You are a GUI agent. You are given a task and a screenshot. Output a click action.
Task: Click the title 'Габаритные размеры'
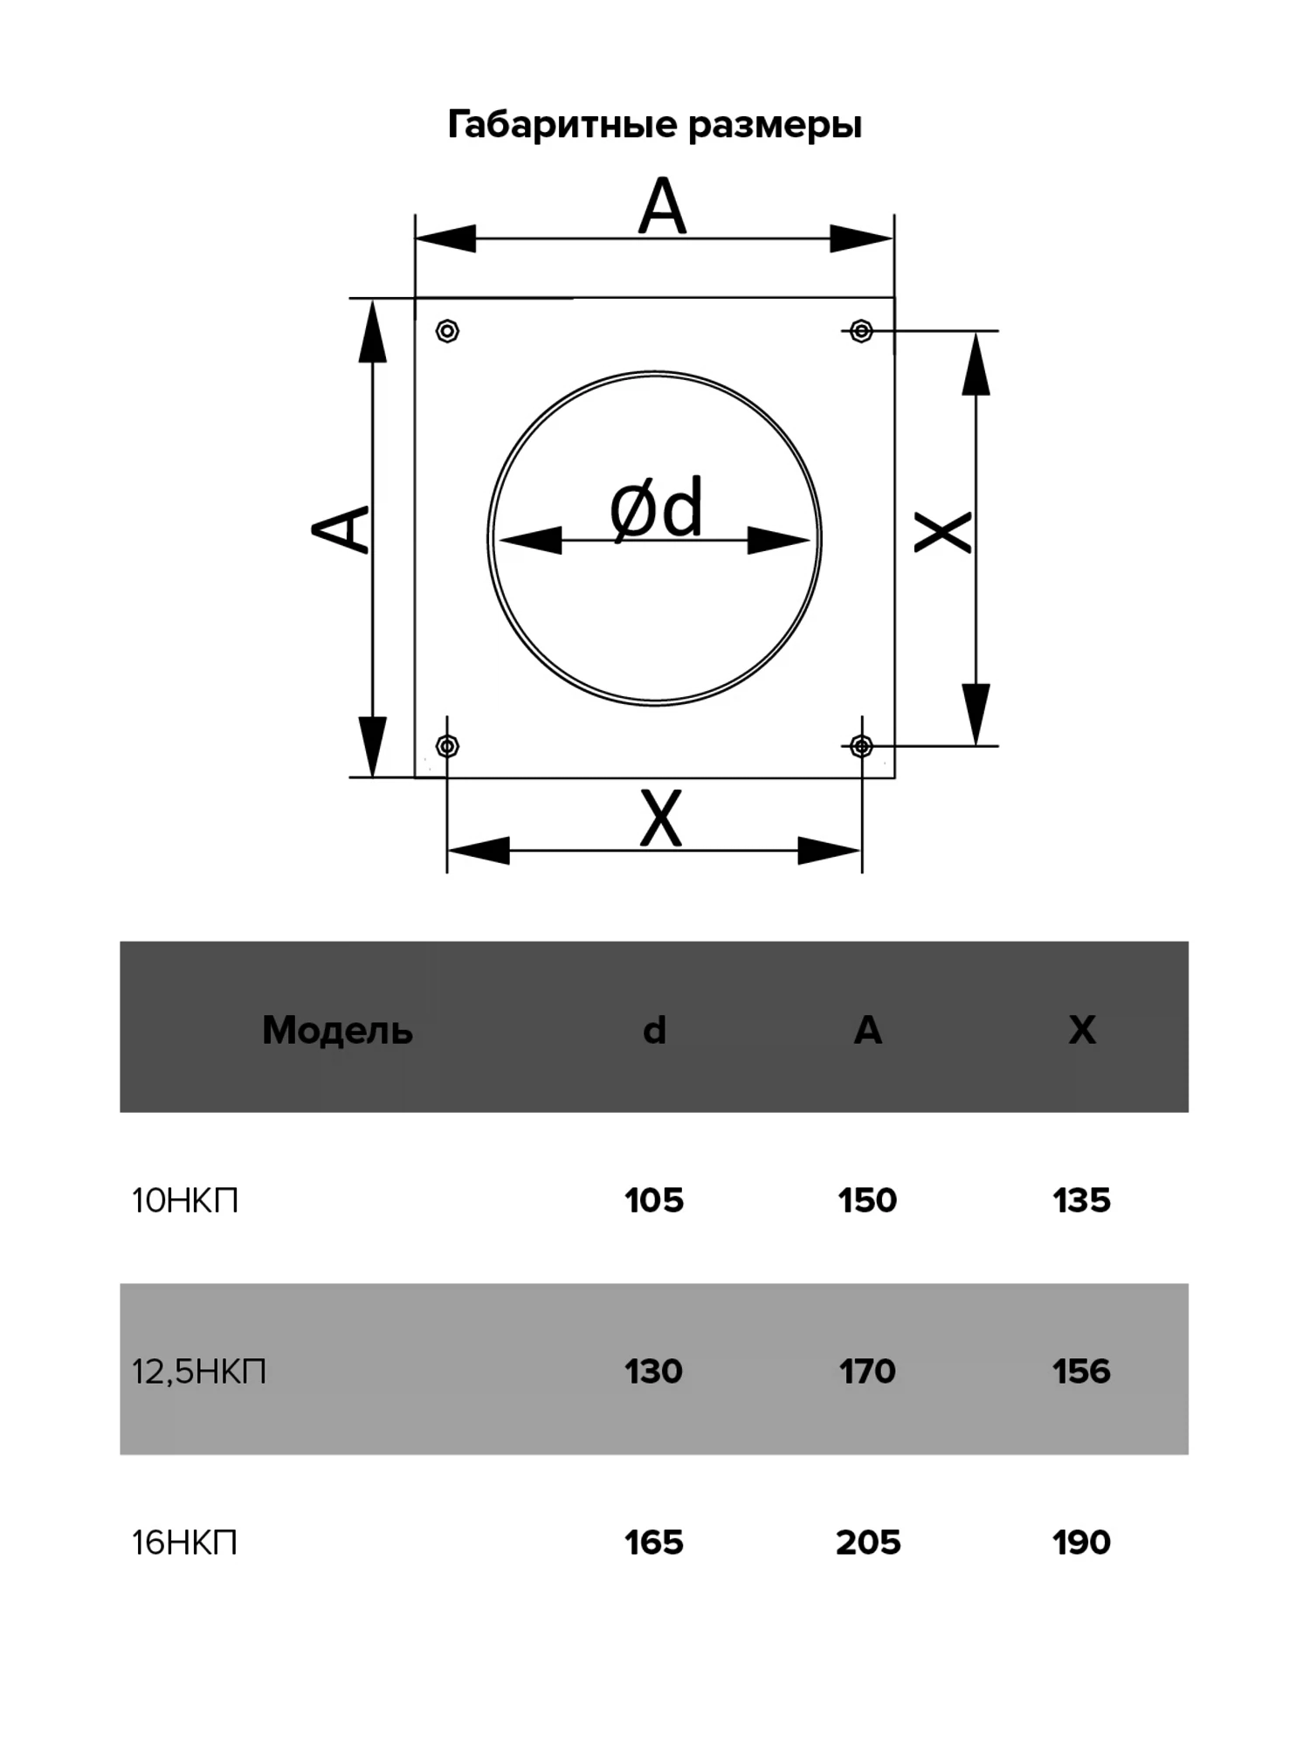point(655,126)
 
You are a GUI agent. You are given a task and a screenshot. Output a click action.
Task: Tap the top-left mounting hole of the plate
point(447,331)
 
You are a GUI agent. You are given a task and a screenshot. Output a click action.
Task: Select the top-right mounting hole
point(861,331)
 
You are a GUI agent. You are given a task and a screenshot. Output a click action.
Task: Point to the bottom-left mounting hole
point(447,746)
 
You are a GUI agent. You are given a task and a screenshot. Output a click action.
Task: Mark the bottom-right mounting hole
point(861,746)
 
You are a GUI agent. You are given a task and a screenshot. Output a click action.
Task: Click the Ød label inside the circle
point(656,508)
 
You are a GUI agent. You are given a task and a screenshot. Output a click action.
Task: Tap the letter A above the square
point(662,206)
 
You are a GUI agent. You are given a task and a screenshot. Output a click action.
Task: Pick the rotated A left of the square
point(341,529)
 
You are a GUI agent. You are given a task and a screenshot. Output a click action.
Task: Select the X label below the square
point(660,818)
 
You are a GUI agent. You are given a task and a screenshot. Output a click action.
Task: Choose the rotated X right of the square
point(942,533)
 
